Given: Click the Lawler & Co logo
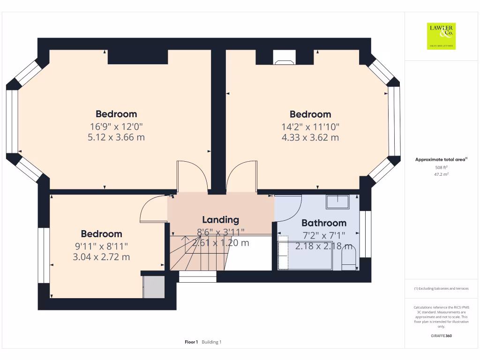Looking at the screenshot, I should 441,36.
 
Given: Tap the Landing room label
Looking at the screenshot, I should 220,219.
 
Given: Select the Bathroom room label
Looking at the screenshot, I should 324,223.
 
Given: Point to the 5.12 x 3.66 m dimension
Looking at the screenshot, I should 116,138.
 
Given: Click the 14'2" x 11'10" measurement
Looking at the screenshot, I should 310,127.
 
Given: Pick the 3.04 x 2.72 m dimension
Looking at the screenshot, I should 101,257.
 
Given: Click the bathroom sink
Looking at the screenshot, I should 337,202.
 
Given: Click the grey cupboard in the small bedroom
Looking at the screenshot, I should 154,287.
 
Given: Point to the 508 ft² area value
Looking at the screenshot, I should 441,167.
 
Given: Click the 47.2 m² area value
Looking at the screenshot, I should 441,174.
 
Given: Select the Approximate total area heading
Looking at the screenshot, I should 441,160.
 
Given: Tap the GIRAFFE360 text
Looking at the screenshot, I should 441,336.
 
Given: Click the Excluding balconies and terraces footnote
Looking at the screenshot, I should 441,288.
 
